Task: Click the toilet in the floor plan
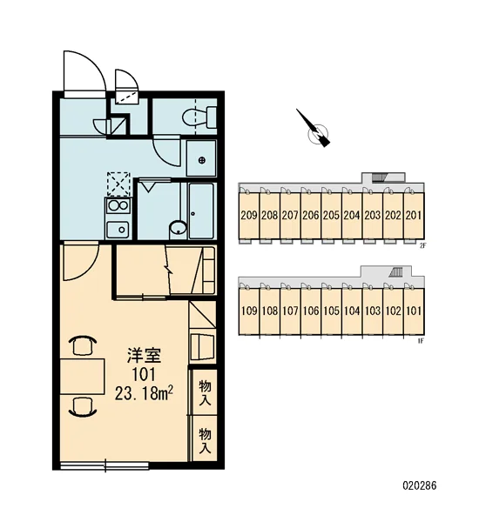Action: point(199,117)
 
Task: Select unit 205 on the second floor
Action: point(331,216)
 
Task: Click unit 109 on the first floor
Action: point(249,311)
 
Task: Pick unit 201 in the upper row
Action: point(414,216)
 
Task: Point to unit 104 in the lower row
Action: point(352,311)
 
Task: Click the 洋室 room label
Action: point(144,355)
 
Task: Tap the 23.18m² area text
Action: point(144,394)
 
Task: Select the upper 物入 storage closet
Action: point(205,392)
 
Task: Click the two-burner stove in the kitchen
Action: point(118,206)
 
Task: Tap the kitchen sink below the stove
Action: point(118,230)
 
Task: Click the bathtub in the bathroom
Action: point(201,211)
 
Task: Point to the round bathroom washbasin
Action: point(178,229)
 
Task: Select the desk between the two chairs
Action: point(83,377)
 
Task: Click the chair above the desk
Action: point(83,345)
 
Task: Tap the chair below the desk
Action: point(83,407)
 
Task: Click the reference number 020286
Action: point(419,485)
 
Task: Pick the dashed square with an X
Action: point(118,184)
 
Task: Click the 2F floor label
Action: point(422,247)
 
